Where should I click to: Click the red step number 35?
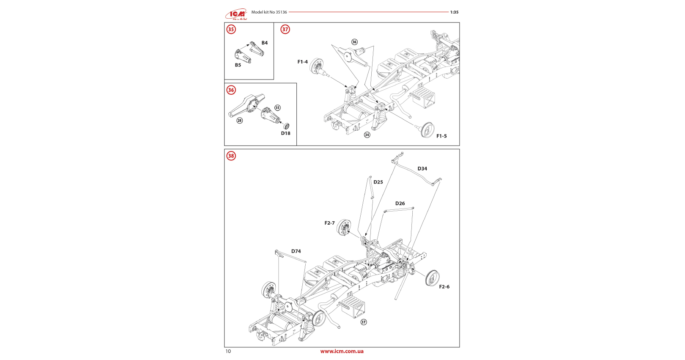point(231,29)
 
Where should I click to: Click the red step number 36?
point(231,90)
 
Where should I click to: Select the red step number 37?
point(285,29)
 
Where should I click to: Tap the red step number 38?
point(231,156)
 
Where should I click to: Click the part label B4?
point(264,43)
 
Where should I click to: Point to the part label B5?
point(238,65)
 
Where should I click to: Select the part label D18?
point(286,133)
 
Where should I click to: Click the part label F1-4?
point(302,62)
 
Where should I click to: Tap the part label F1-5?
point(441,136)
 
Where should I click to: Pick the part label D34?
point(422,169)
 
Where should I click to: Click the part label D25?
point(378,182)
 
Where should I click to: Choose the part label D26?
point(400,203)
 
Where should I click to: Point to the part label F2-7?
point(329,223)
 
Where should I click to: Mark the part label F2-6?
point(444,287)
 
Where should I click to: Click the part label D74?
point(296,251)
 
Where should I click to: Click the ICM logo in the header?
point(236,14)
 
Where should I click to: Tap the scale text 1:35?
point(454,12)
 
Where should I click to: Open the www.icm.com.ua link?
point(342,351)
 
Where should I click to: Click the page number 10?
point(228,351)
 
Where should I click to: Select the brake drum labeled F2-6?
point(433,278)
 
